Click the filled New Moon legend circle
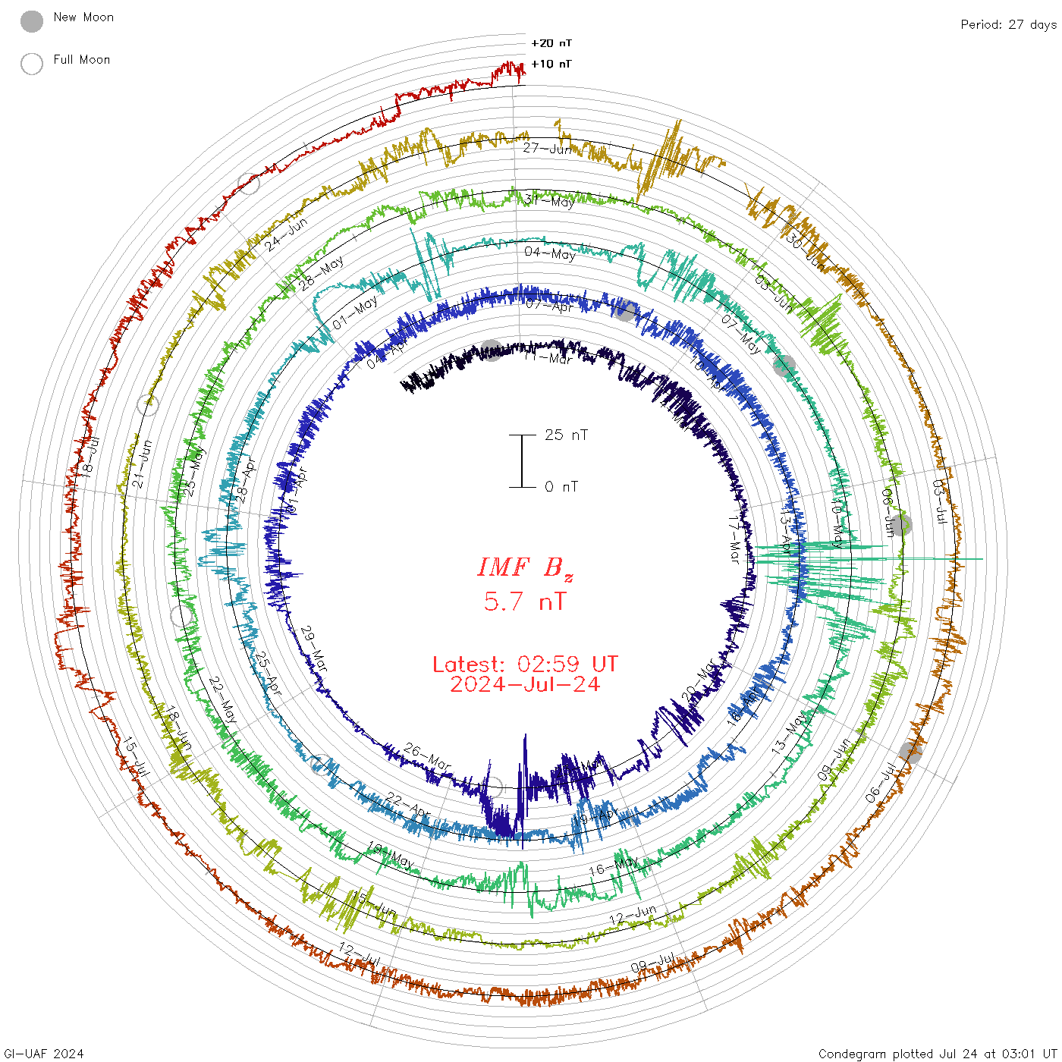point(32,22)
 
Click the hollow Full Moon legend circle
point(32,64)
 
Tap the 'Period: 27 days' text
point(1007,24)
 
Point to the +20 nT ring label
point(551,43)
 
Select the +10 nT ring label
point(551,64)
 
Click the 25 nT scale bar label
point(566,435)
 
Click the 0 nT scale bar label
point(561,486)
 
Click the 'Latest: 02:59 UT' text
point(525,665)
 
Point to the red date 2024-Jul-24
point(525,684)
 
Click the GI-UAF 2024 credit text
point(44,1053)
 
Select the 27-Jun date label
point(547,149)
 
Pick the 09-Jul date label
point(652,965)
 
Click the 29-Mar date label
point(314,649)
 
